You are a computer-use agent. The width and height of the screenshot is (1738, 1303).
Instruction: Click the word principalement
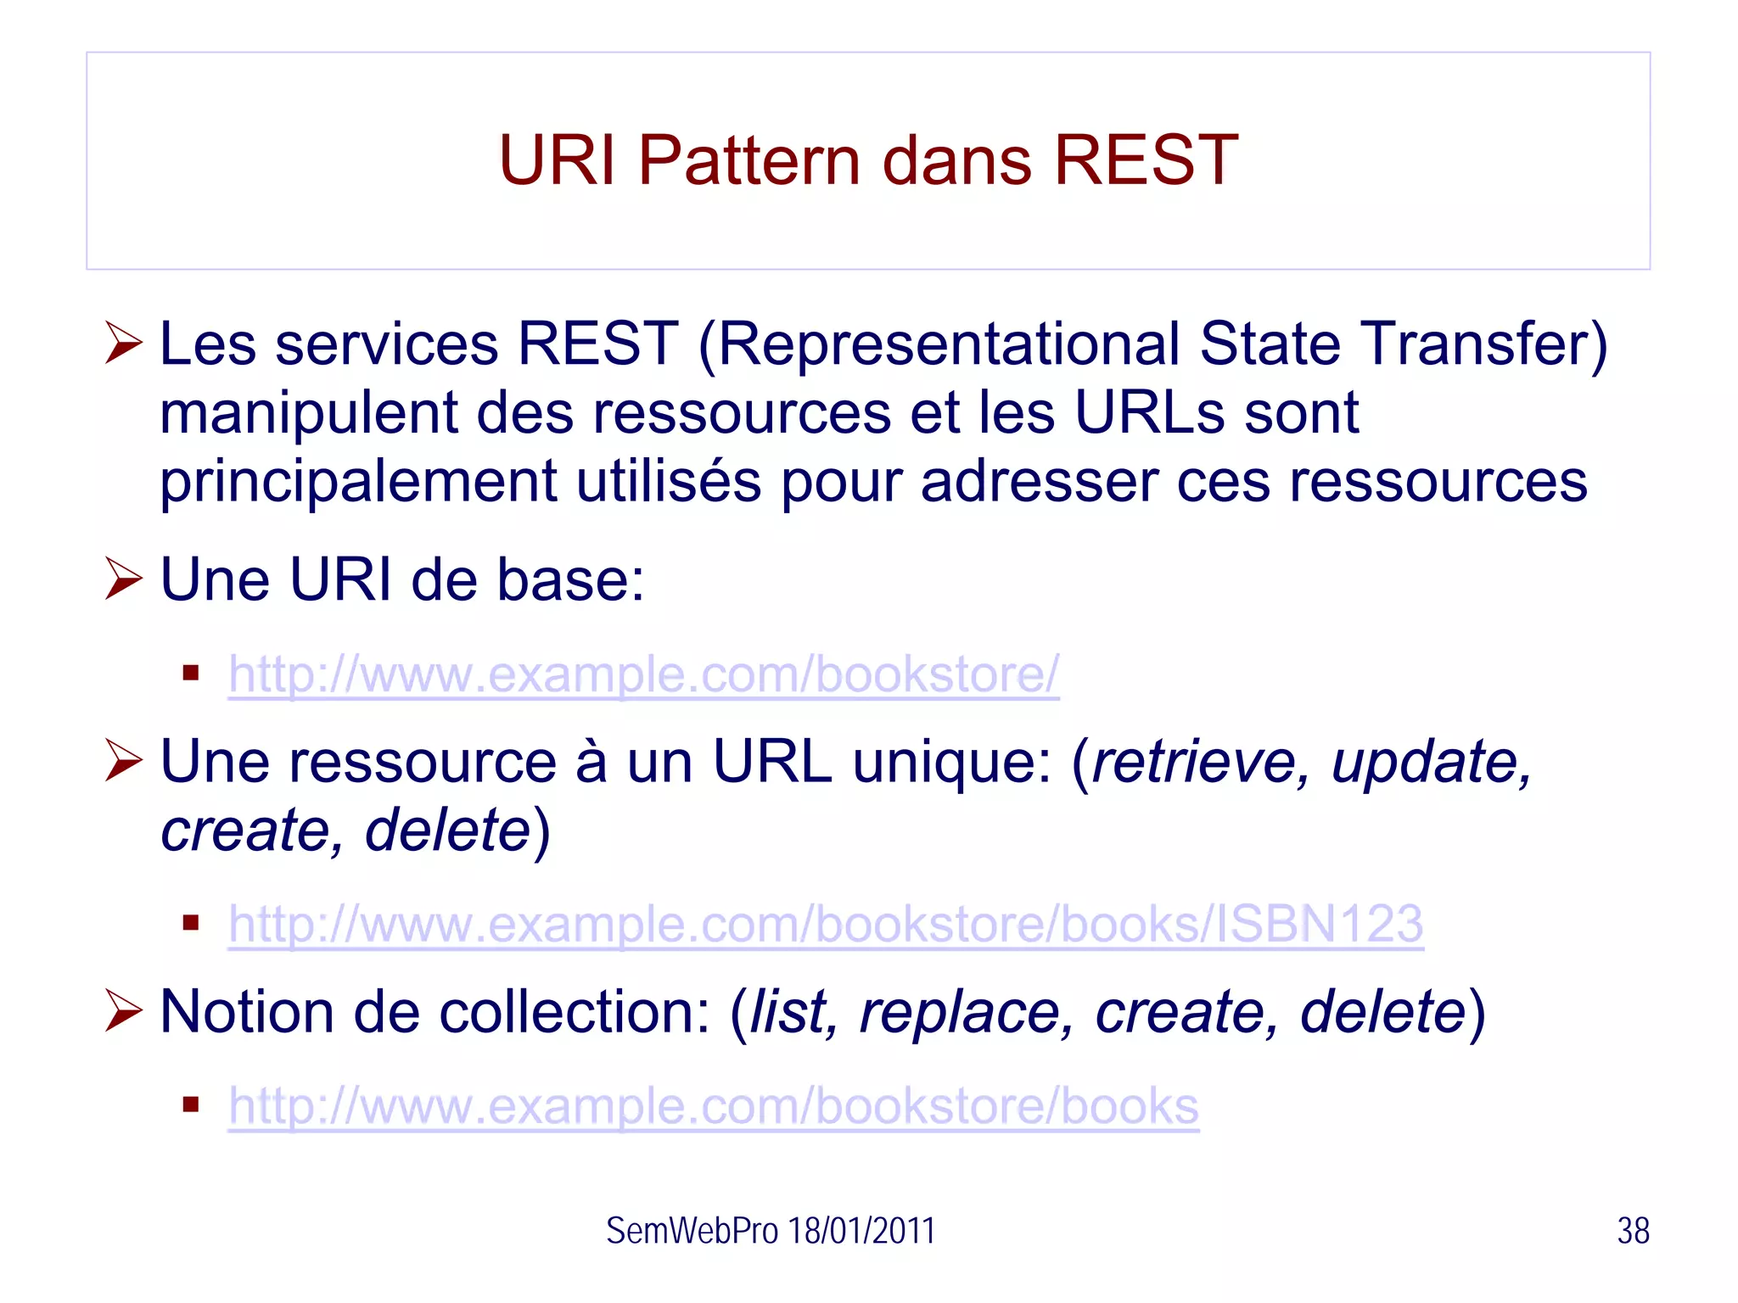pos(358,482)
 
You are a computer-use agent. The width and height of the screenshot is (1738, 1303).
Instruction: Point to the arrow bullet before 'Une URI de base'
pos(124,579)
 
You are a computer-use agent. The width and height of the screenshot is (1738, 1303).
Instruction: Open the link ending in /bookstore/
pos(643,675)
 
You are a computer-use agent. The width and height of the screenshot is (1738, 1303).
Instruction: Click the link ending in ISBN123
pos(825,924)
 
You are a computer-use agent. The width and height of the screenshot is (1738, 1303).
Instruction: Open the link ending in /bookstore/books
pos(713,1106)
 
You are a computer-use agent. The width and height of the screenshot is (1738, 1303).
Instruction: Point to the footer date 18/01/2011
pos(861,1231)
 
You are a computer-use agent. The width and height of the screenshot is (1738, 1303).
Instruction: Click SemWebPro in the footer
pos(691,1231)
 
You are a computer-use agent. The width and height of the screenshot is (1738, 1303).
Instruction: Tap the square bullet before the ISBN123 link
pos(191,923)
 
